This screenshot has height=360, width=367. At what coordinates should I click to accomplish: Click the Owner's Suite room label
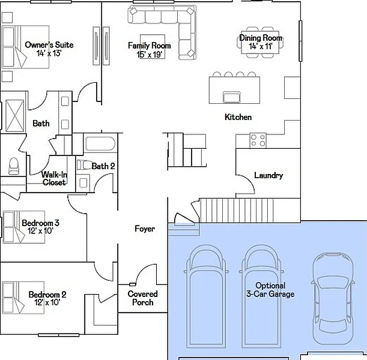(x=49, y=44)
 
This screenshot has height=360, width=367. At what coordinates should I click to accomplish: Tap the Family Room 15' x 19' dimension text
(x=150, y=55)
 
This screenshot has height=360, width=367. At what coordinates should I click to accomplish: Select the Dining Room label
(x=261, y=38)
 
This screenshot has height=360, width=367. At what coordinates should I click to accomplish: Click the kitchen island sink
(x=231, y=97)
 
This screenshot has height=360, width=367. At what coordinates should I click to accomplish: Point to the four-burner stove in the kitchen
(x=258, y=140)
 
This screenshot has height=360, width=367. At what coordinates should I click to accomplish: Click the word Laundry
(x=268, y=175)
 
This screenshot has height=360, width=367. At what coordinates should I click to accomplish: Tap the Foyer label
(x=145, y=229)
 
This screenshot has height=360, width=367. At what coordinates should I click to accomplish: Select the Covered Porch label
(x=142, y=298)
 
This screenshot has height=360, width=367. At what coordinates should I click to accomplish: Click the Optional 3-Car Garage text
(x=270, y=290)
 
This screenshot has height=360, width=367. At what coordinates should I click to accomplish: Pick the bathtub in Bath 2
(x=100, y=143)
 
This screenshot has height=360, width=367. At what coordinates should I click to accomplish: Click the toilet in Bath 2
(x=84, y=164)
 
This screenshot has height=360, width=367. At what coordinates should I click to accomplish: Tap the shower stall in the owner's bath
(x=15, y=116)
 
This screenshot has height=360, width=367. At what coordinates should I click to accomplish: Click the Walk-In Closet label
(x=54, y=178)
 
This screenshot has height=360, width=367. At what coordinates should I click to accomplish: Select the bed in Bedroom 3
(x=23, y=227)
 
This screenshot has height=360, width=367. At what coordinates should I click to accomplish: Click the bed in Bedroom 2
(x=23, y=298)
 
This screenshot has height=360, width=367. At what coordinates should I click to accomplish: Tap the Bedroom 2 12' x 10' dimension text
(x=47, y=302)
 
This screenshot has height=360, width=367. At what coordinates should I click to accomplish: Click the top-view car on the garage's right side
(x=333, y=299)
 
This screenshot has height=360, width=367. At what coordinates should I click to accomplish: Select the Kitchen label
(x=238, y=117)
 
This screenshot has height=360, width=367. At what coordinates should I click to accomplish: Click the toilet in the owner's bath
(x=13, y=166)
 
